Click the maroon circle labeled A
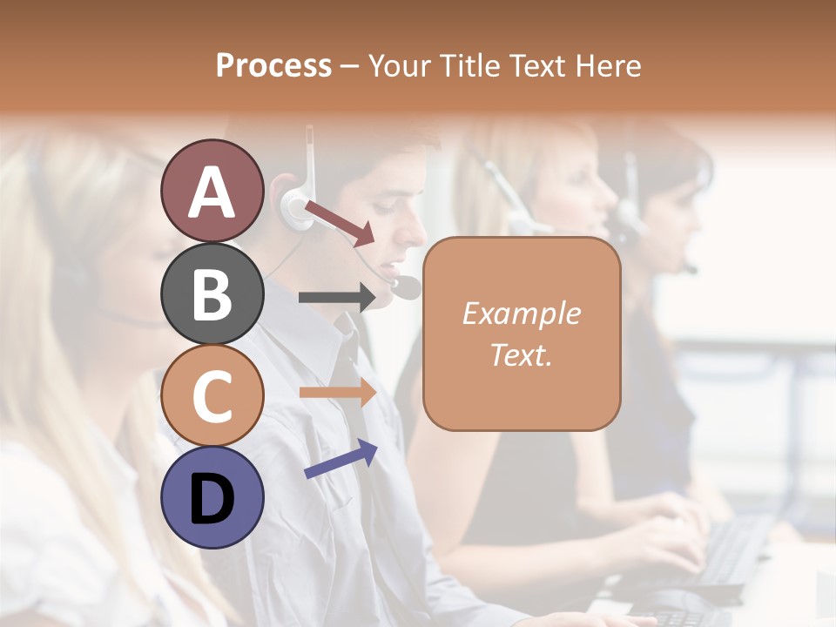(x=212, y=191)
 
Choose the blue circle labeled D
(x=212, y=497)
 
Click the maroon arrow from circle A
(x=340, y=222)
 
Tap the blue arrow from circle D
(x=340, y=459)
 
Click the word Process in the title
(x=273, y=65)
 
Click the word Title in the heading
(x=469, y=65)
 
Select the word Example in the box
(x=521, y=313)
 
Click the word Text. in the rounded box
(x=521, y=354)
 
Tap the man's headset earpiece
(x=294, y=207)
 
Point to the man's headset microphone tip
(x=406, y=287)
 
